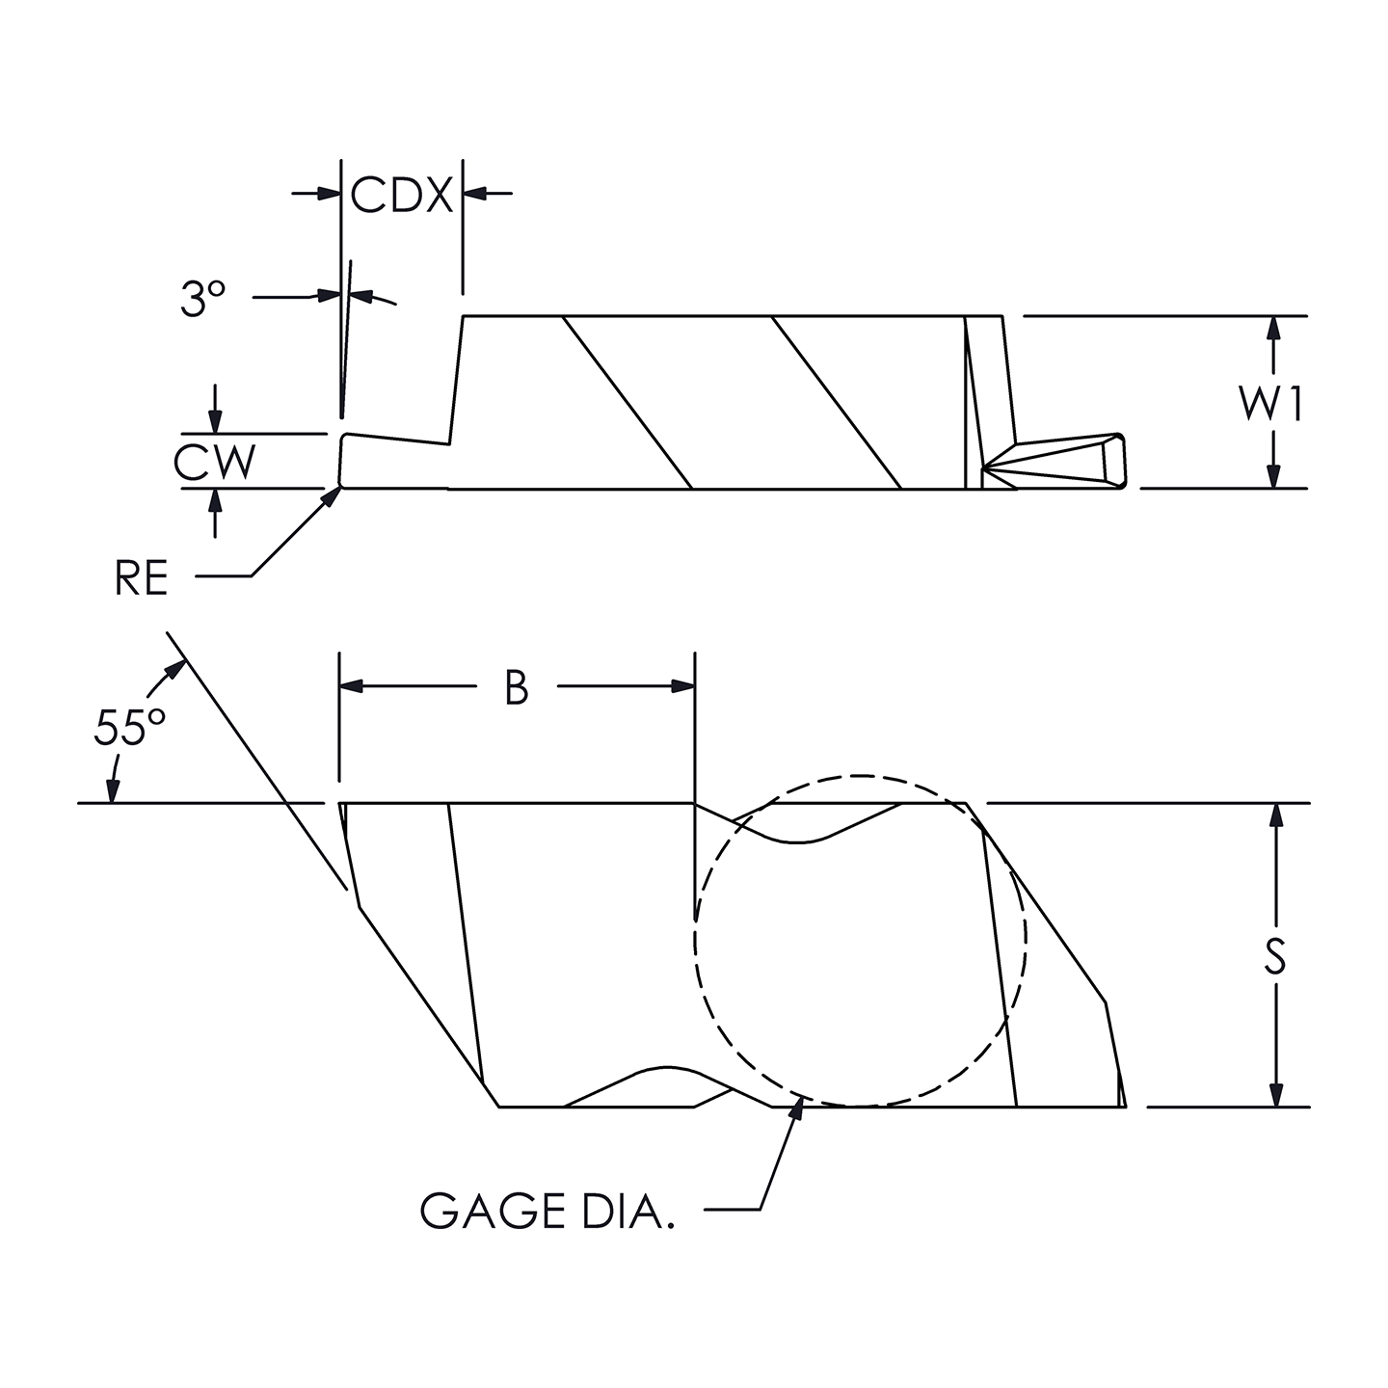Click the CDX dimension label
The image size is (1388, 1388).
pos(401,195)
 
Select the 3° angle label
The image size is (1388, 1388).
pos(202,300)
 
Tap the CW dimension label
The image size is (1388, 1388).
pos(215,463)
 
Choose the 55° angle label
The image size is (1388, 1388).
pos(129,728)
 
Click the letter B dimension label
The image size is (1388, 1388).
pos(517,688)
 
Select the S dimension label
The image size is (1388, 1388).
pos(1274,956)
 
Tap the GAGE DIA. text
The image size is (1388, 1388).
pos(547,1212)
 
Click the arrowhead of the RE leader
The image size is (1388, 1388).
pos(334,494)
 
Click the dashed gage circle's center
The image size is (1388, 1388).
pos(860,941)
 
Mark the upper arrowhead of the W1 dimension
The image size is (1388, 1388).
pos(1274,327)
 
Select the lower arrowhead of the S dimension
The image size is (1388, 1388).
pos(1276,1096)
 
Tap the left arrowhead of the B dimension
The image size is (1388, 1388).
pos(352,686)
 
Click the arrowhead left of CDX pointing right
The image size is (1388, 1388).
pos(330,194)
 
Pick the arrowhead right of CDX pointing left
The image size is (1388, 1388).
pos(475,194)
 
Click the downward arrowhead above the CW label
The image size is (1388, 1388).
pos(215,422)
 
